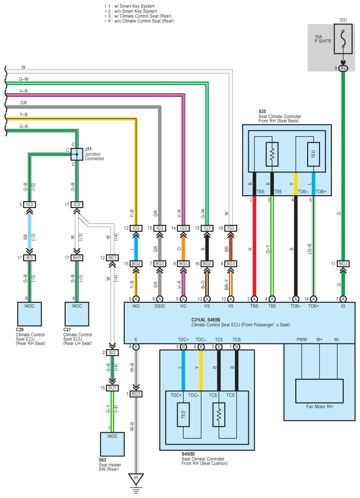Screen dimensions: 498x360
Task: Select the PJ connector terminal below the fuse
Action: point(343,68)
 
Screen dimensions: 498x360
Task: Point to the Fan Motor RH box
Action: point(319,390)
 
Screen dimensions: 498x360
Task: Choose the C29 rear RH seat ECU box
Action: point(29,313)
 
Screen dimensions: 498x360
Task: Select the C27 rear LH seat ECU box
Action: point(77,313)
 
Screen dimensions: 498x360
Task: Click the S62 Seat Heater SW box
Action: point(112,444)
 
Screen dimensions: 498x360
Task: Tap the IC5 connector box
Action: point(77,205)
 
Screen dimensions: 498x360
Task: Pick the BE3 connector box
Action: point(113,258)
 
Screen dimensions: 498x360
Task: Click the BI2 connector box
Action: point(113,353)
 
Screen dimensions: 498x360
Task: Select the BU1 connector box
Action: point(113,388)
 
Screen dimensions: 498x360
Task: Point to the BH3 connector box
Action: point(77,258)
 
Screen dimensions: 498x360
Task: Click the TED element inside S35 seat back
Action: point(314,154)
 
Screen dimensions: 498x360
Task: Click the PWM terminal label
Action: point(301,340)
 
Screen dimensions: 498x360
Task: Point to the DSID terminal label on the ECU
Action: point(159,306)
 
